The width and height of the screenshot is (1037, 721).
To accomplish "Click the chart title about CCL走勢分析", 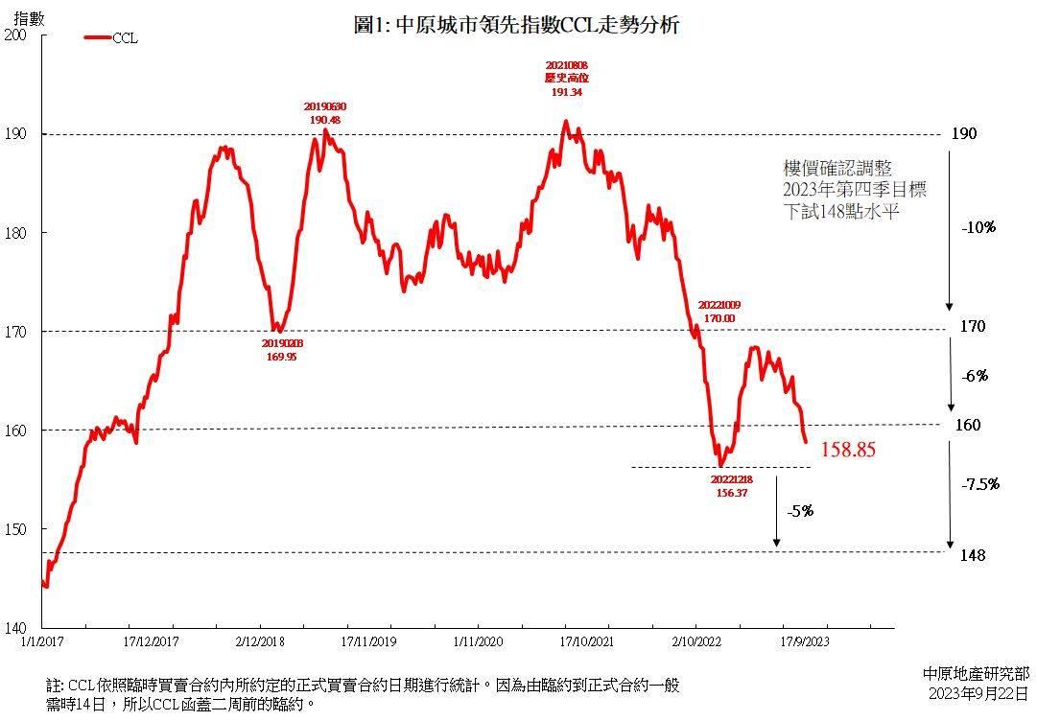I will click(516, 26).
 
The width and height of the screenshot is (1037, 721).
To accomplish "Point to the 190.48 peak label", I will click(324, 120).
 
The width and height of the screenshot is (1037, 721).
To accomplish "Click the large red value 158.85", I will click(848, 449).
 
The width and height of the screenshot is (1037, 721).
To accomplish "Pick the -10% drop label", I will click(978, 228).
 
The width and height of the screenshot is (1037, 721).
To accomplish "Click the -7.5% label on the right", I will click(979, 484).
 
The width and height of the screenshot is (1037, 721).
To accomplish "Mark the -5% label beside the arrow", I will click(800, 511).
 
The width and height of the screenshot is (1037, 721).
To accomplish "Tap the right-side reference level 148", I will click(973, 555).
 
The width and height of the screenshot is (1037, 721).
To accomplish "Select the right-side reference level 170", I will click(973, 327).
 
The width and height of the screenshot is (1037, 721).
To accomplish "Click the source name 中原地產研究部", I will click(976, 674).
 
